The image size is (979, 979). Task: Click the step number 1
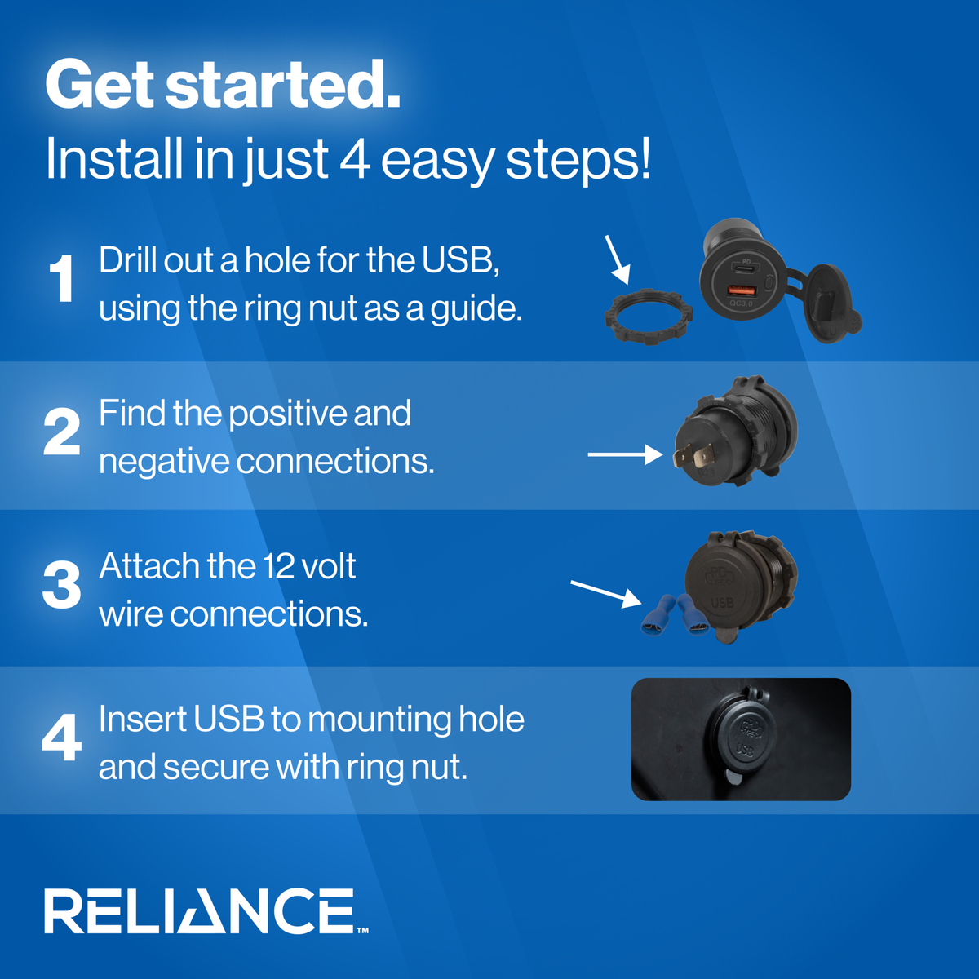(x=62, y=278)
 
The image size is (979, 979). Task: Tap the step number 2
(x=62, y=432)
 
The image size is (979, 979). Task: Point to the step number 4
(x=62, y=738)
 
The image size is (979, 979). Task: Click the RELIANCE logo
(x=206, y=911)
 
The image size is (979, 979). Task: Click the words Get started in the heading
(x=223, y=84)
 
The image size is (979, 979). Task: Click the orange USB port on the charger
(x=742, y=291)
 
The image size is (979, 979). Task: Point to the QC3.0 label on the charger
(x=742, y=303)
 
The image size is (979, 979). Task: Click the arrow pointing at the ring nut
(x=618, y=259)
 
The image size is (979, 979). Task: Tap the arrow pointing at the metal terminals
(x=626, y=454)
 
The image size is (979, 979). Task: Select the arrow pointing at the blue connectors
(x=606, y=594)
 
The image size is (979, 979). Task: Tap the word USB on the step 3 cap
(x=722, y=603)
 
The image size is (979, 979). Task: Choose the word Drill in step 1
(x=127, y=259)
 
